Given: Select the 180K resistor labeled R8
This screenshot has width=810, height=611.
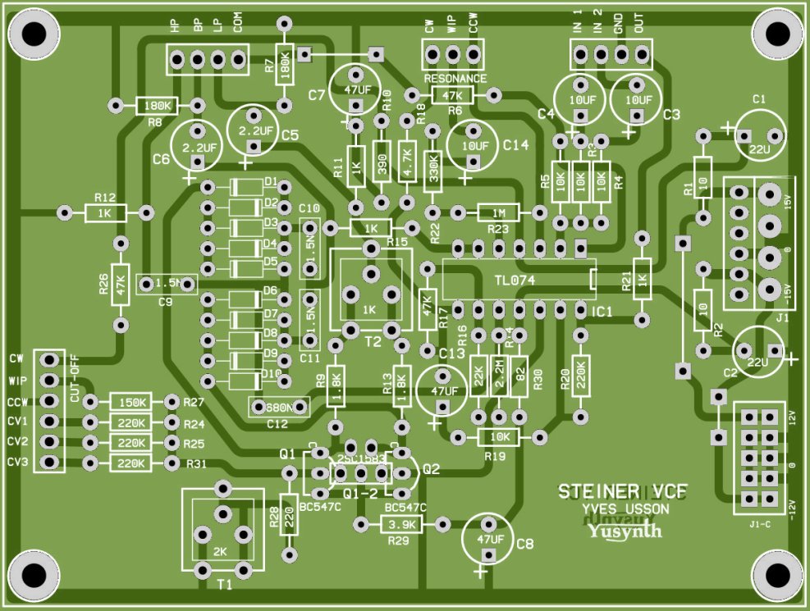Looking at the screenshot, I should pos(157,106).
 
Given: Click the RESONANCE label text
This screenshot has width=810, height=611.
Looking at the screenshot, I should pos(455,79).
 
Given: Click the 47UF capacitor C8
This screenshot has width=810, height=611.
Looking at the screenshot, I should pos(489,538).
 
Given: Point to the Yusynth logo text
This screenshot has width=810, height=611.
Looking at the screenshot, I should pos(624,531).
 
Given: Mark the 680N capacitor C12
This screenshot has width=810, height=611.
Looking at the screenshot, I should pos(278,407).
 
